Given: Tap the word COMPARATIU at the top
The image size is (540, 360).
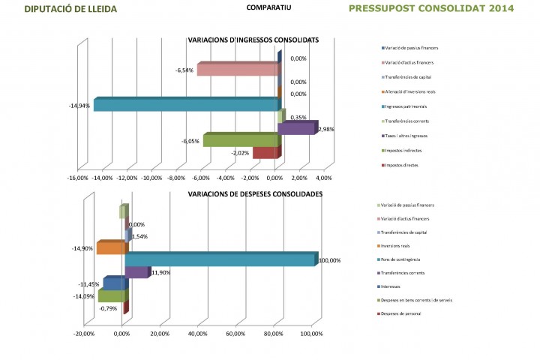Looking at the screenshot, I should tap(268, 7).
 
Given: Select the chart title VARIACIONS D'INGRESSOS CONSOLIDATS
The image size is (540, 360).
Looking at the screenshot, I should tap(253, 39).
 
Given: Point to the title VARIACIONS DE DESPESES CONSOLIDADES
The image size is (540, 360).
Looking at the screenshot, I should tap(255, 193).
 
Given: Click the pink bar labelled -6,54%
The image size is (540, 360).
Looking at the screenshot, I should tap(238, 70).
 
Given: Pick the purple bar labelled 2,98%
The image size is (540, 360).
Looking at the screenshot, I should tap(297, 129).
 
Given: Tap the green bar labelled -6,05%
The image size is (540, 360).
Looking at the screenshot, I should tap(240, 140).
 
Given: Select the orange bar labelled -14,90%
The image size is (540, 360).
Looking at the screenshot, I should tap(112, 248).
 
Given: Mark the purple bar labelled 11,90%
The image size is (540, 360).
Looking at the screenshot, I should tap(137, 272).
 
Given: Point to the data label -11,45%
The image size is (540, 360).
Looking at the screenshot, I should tap(89, 284).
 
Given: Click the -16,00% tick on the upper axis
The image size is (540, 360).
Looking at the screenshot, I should tap(77, 178).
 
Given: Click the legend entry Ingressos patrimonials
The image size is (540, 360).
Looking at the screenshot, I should tap(408, 106).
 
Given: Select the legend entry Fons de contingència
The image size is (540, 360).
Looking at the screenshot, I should tap(406, 259).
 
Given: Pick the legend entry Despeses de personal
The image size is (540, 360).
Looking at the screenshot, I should tap(405, 313).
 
